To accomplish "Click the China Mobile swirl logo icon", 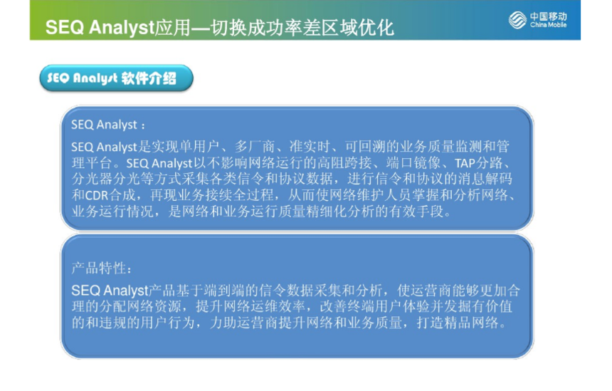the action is click(517, 20).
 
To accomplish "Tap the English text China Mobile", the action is click(549, 25).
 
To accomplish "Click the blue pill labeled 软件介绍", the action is click(116, 78).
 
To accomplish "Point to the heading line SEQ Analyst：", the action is click(108, 125).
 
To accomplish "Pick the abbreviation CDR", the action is click(96, 195).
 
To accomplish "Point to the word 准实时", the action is click(310, 147).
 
